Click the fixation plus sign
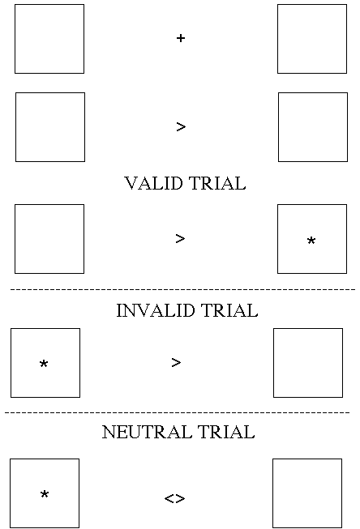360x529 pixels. point(181,38)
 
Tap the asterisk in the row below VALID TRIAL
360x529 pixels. point(311,241)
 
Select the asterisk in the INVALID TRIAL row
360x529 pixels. point(44,364)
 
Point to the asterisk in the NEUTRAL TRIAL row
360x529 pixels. point(45,494)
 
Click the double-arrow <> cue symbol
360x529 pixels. point(174,498)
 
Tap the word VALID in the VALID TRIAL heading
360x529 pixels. point(154,183)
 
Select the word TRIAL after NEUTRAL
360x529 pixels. point(226,432)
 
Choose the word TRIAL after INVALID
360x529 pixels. point(229,310)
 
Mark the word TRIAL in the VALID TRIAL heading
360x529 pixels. point(217,183)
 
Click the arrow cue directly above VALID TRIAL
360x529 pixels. point(181,127)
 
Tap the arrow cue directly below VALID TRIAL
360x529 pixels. point(180,239)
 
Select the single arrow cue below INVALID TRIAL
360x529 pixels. point(176,363)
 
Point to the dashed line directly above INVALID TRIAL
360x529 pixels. point(182,289)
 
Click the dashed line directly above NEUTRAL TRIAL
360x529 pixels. point(178,412)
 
